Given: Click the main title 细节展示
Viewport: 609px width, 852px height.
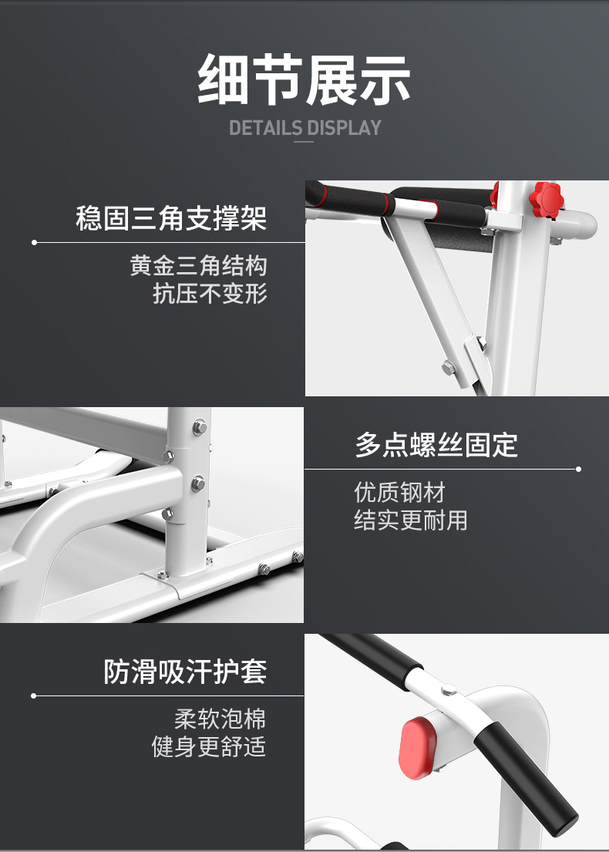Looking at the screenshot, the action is click(304, 79).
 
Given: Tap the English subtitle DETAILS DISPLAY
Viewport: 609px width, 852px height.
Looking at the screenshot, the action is click(305, 128).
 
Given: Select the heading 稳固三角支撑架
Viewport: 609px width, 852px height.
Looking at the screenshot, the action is click(171, 218).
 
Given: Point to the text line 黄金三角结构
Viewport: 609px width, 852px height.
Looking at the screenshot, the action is click(198, 266).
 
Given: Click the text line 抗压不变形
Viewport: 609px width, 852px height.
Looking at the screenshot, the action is click(210, 294).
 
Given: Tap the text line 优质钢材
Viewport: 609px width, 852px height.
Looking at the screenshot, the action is click(400, 493).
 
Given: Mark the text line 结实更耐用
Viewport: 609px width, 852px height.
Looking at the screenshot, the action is click(411, 520).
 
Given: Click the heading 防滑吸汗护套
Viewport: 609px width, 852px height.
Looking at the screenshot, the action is click(185, 672).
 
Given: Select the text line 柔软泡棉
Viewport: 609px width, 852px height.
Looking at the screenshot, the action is click(220, 719).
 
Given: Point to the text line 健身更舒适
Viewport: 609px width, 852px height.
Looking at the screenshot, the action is click(209, 746).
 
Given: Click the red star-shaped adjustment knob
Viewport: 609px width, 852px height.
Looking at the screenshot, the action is click(547, 200).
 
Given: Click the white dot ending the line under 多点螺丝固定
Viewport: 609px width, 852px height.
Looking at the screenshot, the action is click(579, 469).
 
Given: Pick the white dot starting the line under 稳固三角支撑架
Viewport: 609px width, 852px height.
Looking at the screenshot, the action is click(34, 242).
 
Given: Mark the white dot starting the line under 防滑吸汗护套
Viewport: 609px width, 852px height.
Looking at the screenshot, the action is click(34, 695).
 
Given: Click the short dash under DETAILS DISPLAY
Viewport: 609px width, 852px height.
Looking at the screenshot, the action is click(304, 142).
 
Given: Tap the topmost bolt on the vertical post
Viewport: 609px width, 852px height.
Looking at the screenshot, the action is click(200, 427).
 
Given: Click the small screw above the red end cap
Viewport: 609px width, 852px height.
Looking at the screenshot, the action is click(449, 691).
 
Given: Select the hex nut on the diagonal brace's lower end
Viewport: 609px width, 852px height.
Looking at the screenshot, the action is click(448, 367).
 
